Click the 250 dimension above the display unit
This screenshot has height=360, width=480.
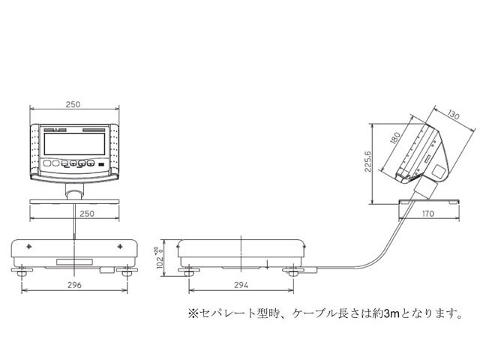pos(73,104)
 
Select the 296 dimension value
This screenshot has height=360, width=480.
pos(73,286)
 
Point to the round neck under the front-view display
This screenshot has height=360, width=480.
pos(74,193)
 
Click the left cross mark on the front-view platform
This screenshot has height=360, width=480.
pos(29,247)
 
